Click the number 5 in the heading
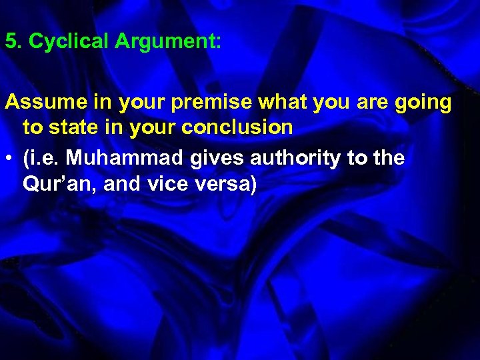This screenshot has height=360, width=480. [10, 42]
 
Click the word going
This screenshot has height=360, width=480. [422, 104]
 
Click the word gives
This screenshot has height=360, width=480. [211, 159]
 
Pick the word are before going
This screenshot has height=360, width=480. [370, 103]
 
